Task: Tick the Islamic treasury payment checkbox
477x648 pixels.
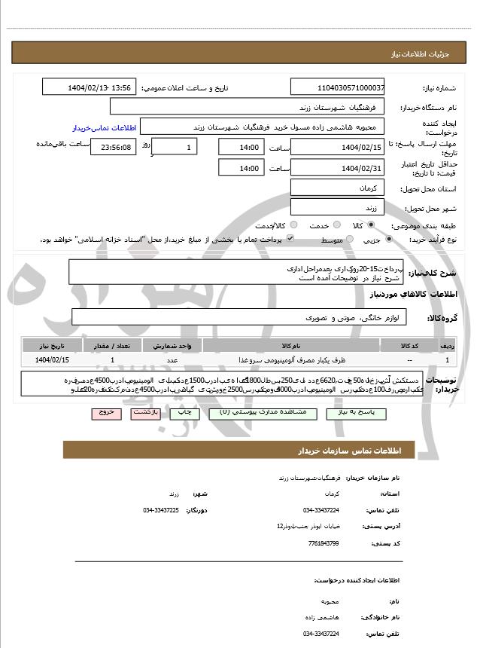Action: tap(289, 240)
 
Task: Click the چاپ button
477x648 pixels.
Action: tap(181, 413)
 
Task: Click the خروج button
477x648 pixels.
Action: tap(105, 413)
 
